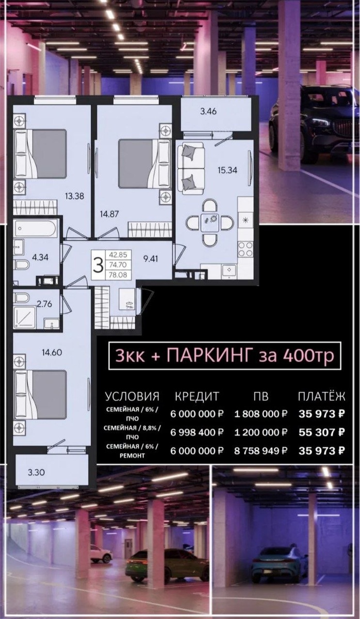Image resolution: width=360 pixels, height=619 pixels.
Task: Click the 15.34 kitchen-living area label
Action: [227, 170]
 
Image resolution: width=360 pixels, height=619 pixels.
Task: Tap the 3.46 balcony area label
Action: [208, 111]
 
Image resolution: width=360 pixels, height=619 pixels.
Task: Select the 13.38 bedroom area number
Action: [74, 196]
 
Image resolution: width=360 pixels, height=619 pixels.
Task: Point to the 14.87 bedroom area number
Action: [109, 214]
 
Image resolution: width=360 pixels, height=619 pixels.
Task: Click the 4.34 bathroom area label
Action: [40, 257]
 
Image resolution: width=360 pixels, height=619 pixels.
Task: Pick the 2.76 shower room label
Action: [44, 304]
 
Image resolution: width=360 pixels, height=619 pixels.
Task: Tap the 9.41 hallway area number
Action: [150, 259]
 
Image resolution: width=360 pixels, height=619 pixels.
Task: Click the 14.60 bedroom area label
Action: [52, 353]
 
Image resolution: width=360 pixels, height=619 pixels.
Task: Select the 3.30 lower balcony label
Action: [36, 473]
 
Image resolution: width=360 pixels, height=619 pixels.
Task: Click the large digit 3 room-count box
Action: [99, 265]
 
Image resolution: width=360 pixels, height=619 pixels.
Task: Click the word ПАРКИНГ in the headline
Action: [210, 355]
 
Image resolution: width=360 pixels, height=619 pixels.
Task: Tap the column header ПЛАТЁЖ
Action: [322, 397]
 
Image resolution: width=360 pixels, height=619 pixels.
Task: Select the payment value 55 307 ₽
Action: [322, 432]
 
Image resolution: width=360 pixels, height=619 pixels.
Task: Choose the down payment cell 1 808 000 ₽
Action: [261, 414]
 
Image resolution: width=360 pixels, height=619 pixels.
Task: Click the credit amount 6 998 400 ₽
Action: [197, 432]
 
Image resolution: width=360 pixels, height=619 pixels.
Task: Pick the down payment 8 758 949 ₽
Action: [261, 451]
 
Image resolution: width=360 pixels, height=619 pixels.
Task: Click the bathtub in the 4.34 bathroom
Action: [36, 229]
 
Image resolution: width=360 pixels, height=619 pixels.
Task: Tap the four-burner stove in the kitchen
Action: [246, 249]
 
